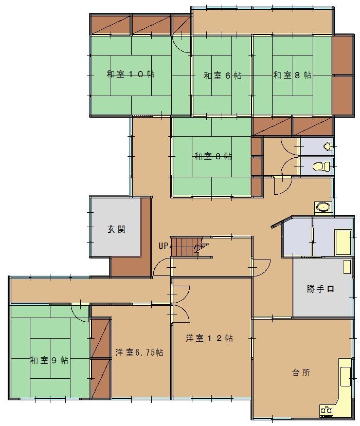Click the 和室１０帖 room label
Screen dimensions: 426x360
pyautogui.click(x=131, y=74)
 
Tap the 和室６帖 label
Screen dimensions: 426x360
pyautogui.click(x=222, y=76)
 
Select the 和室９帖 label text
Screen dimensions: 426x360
pyautogui.click(x=49, y=360)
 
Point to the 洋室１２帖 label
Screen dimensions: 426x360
pyautogui.click(x=209, y=338)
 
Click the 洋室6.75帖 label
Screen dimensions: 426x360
pyautogui.click(x=139, y=353)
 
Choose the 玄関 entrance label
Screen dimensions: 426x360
pyautogui.click(x=116, y=229)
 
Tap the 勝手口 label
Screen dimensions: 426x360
pyautogui.click(x=320, y=289)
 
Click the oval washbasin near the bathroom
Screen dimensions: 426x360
pyautogui.click(x=323, y=207)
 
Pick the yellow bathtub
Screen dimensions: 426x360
pyautogui.click(x=343, y=243)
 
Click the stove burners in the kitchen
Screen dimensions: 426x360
pyautogui.click(x=326, y=410)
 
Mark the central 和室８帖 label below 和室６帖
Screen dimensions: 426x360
pyautogui.click(x=213, y=156)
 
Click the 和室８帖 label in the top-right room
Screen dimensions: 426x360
pyautogui.click(x=292, y=75)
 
